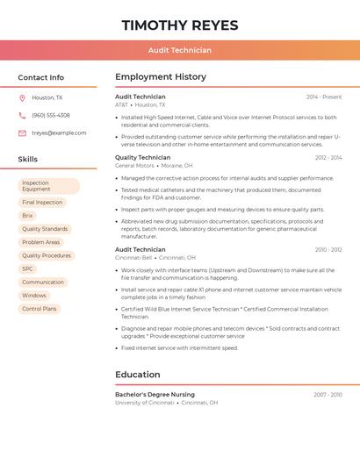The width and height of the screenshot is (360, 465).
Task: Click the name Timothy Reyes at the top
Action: tap(180, 24)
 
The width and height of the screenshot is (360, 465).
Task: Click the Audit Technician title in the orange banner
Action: tap(180, 50)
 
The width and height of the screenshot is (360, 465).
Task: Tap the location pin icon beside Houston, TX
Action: tap(22, 97)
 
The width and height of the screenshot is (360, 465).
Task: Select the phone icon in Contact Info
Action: tap(22, 115)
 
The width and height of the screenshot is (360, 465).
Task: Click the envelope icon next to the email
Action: tap(22, 132)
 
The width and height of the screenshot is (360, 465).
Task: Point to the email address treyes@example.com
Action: tap(59, 132)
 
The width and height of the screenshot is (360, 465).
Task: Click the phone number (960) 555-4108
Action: tap(51, 115)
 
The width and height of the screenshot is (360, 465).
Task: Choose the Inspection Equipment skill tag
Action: tap(48, 186)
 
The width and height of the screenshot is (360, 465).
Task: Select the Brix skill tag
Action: tap(28, 215)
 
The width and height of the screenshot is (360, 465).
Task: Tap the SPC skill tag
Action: tap(28, 268)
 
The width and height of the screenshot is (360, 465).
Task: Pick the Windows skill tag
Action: tap(34, 295)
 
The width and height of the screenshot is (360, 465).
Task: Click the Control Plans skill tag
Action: tap(40, 309)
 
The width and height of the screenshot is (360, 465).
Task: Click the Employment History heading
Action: tap(161, 77)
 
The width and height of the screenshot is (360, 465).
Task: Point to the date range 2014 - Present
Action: tap(324, 97)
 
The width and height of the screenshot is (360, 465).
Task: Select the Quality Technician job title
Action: tap(143, 157)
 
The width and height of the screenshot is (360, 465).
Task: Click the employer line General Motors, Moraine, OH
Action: tap(154, 165)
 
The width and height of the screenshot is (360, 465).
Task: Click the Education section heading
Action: tap(138, 375)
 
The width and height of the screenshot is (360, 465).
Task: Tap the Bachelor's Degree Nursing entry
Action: tap(155, 395)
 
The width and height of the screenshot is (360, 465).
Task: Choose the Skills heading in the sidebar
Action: tap(28, 160)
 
